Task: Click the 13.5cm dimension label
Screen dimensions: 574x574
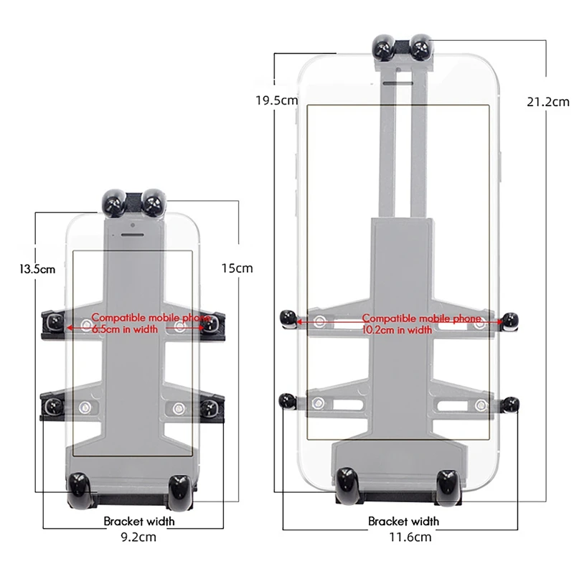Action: click(x=37, y=270)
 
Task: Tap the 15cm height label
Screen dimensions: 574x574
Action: click(x=236, y=268)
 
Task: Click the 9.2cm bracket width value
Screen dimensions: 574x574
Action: click(x=139, y=535)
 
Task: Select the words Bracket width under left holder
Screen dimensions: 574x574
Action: click(x=139, y=521)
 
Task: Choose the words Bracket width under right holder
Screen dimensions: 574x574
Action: click(x=404, y=521)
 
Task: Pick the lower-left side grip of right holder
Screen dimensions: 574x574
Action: click(x=288, y=402)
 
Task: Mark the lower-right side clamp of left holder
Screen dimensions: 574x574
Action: click(x=209, y=408)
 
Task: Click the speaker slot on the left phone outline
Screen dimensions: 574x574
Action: click(x=132, y=232)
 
